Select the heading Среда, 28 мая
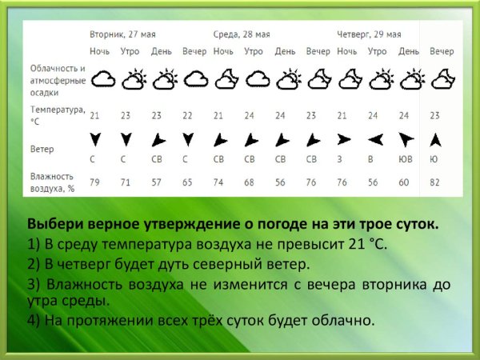pos(241,34)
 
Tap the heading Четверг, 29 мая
pos(369,34)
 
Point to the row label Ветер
pos(42,149)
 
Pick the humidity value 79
pos(95,183)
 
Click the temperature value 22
pos(187,115)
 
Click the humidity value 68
pos(249,183)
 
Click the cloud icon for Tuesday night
pos(101,78)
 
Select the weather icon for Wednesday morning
pos(255,78)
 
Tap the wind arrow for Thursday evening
pos(435,139)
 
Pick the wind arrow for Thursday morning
pos(373,139)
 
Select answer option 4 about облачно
pos(200,321)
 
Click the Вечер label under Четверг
pos(441,51)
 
